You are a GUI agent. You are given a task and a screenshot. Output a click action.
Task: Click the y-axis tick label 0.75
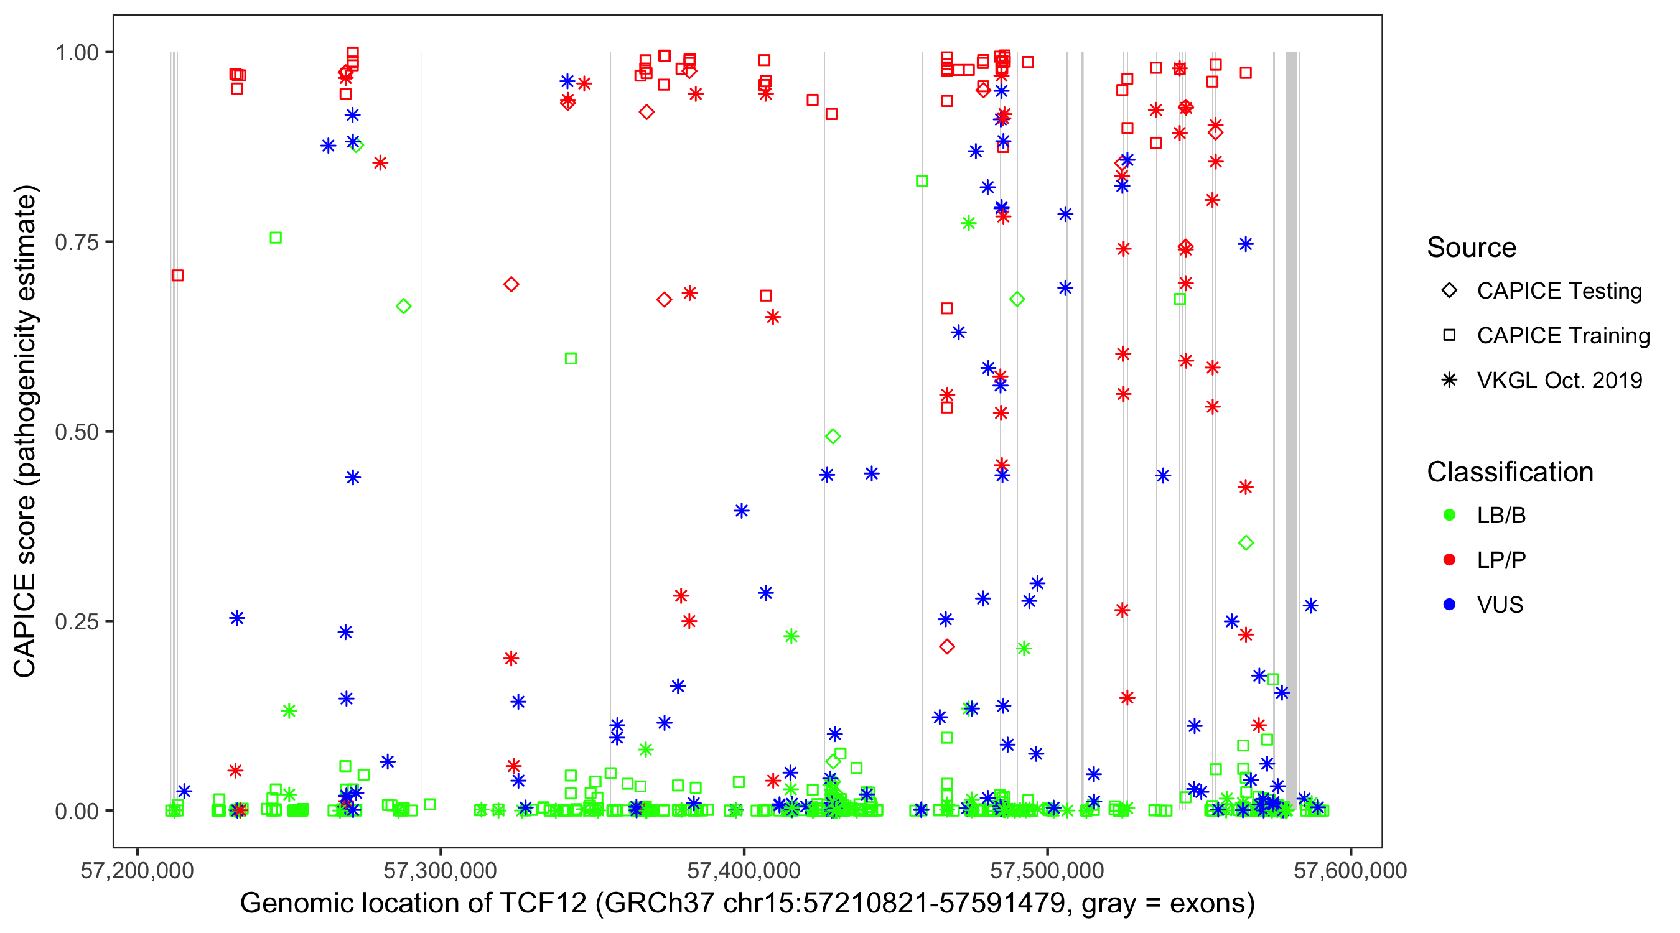tap(76, 243)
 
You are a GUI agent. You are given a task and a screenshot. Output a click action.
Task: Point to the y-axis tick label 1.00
tap(76, 53)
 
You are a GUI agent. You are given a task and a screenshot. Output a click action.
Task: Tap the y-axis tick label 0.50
tap(76, 432)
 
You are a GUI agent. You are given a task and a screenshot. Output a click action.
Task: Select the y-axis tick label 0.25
tap(76, 621)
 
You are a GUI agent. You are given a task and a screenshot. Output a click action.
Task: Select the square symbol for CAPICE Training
tap(1449, 336)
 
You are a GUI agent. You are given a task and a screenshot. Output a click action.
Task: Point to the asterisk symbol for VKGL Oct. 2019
tap(1449, 380)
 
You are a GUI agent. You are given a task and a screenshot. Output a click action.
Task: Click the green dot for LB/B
tap(1449, 515)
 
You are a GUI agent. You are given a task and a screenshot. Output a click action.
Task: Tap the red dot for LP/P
tap(1449, 560)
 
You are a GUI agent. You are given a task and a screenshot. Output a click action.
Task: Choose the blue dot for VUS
tap(1449, 605)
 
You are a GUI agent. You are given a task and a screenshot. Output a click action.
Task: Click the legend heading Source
tap(1472, 248)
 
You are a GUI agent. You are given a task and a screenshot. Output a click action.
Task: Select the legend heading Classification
tap(1510, 472)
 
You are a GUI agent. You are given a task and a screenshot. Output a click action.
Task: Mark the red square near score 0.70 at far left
tap(177, 276)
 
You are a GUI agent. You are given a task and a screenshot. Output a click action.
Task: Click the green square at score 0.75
tap(276, 238)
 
